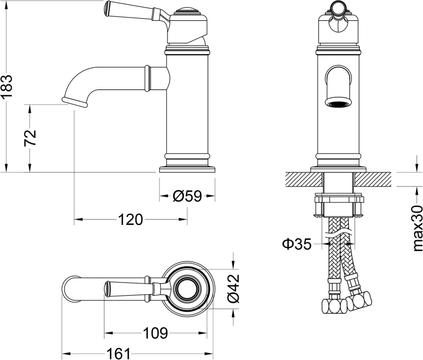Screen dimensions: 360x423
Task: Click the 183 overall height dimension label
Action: (x=7, y=87)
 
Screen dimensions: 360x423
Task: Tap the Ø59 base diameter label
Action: (x=187, y=197)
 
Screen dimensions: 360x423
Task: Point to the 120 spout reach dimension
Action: (x=130, y=219)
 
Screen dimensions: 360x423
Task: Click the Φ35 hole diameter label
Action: (x=297, y=244)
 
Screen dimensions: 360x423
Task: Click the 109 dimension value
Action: (x=155, y=333)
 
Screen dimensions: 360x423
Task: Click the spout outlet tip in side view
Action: (x=75, y=102)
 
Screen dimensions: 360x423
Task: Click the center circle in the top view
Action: (x=188, y=287)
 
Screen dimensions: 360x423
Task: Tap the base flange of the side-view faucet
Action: (x=187, y=169)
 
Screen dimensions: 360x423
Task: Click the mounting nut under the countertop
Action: (x=338, y=205)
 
